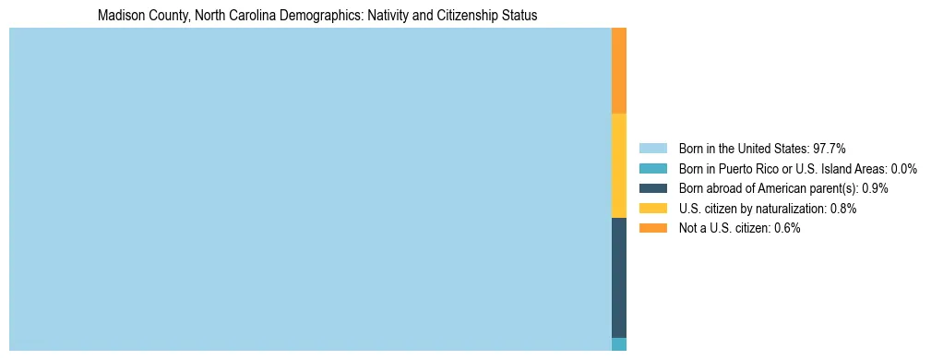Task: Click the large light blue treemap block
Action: (x=310, y=189)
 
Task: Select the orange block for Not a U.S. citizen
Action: (x=619, y=70)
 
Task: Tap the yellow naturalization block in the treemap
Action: (x=619, y=165)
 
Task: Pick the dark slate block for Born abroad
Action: (x=619, y=277)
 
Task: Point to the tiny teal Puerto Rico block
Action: (x=619, y=344)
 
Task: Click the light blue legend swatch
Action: (x=652, y=149)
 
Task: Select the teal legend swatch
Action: (x=652, y=169)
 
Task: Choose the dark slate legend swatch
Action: (x=652, y=188)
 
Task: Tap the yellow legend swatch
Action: (x=652, y=209)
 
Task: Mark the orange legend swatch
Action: (x=652, y=228)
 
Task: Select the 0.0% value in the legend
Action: (x=903, y=169)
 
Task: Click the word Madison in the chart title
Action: (x=120, y=17)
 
